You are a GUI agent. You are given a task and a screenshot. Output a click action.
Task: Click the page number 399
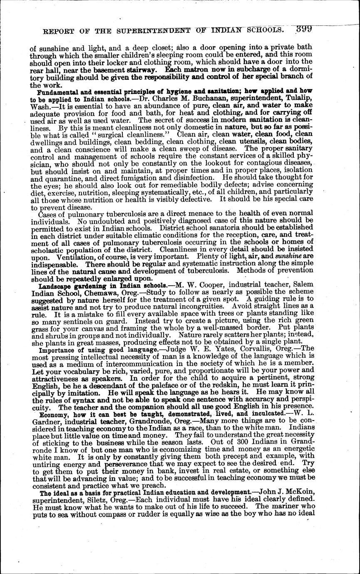click(x=304, y=29)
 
